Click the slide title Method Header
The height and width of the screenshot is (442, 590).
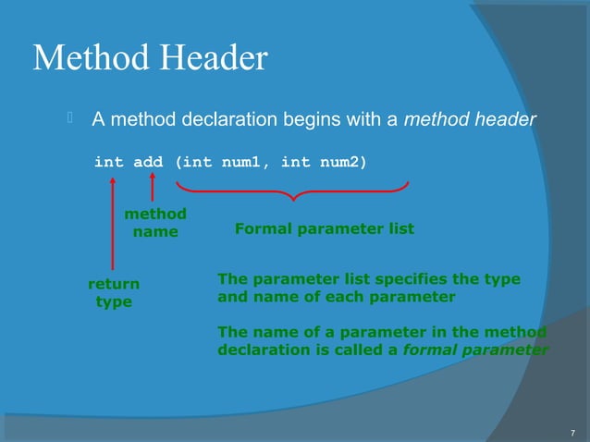coord(150,59)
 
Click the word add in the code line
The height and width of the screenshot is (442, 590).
coord(148,163)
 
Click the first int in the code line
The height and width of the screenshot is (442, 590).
coord(108,163)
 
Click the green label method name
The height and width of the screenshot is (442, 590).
coord(155,223)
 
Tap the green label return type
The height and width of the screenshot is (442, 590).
coord(114,293)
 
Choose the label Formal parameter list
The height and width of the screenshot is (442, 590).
coord(324,228)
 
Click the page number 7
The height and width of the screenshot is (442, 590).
coord(572,432)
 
